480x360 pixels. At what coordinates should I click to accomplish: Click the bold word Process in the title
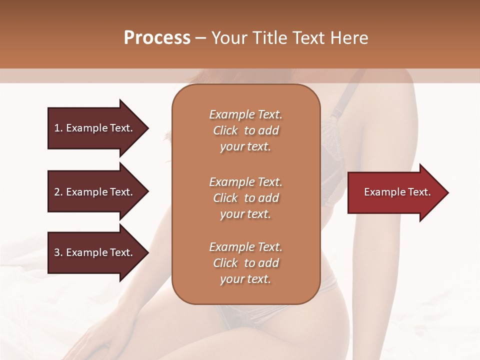(x=157, y=38)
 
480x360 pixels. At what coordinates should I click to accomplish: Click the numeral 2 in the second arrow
(x=57, y=192)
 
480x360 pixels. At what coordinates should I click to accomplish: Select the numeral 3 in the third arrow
(x=57, y=252)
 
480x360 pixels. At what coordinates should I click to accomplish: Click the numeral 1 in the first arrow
(x=57, y=128)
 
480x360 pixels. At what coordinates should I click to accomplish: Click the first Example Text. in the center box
(x=245, y=114)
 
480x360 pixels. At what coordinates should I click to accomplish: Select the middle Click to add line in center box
(x=245, y=198)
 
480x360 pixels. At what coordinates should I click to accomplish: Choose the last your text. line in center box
(x=245, y=279)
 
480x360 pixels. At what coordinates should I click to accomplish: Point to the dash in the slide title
(x=200, y=38)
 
